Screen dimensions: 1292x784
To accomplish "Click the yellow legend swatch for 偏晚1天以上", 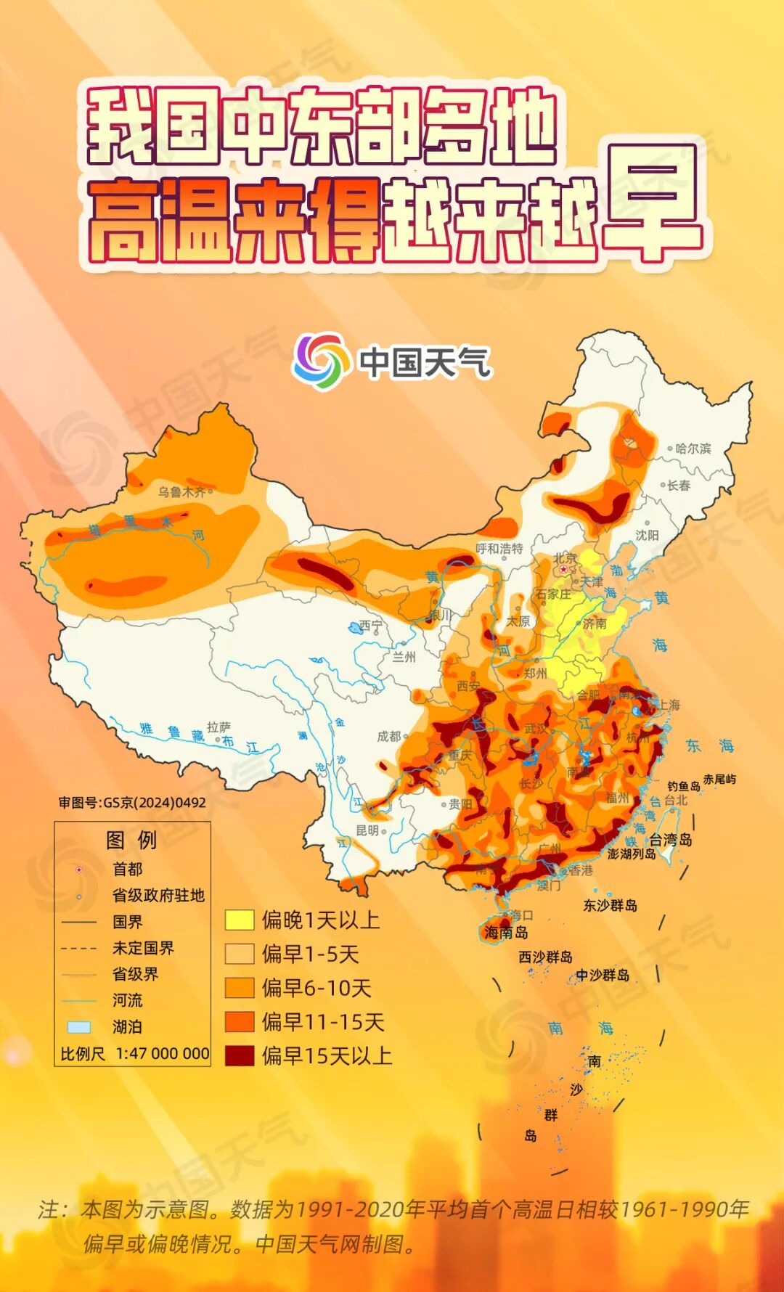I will tap(239, 920).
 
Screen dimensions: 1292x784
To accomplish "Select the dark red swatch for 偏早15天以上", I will tap(239, 1055).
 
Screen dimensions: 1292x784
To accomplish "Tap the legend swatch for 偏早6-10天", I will tap(239, 988).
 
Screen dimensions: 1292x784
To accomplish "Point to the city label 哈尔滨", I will tap(693, 449).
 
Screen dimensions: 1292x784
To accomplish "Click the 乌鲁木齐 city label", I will tap(181, 492).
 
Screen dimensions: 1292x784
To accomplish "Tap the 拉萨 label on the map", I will tap(219, 727).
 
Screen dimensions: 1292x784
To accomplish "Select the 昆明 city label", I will tap(367, 830).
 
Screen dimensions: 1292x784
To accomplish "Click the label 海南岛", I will tap(506, 932).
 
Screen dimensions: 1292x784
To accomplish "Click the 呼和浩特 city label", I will tap(499, 549).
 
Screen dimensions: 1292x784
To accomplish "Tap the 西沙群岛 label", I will tap(545, 957).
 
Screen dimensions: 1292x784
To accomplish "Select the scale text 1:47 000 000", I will tap(162, 1053).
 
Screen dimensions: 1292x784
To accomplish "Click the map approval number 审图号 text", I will tap(132, 802).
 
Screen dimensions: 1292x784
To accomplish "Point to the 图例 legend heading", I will tap(131, 840).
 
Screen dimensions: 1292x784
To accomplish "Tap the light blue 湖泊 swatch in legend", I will tap(78, 1027).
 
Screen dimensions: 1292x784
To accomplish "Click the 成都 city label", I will tap(388, 736).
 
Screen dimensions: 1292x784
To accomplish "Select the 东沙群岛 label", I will tap(610, 905).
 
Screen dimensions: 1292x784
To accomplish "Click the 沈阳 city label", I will tap(647, 535).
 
